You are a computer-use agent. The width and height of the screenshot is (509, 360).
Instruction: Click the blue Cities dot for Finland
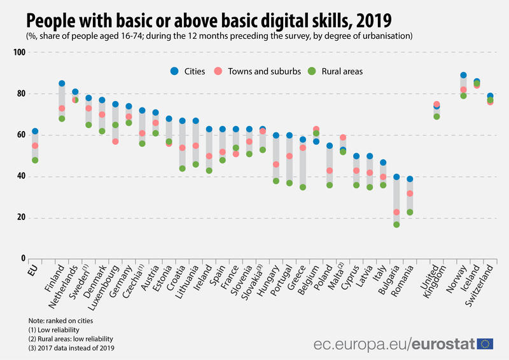coord(62,83)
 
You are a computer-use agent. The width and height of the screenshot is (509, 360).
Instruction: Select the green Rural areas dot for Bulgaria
coord(396,225)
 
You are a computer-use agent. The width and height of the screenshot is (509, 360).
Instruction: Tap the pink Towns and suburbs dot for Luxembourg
coord(115,141)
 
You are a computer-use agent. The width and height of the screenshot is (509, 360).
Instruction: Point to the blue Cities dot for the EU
coord(35,131)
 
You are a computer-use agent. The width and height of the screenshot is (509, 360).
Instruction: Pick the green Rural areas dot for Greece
coord(303,187)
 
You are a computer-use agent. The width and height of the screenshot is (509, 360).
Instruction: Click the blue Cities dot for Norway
coord(463,75)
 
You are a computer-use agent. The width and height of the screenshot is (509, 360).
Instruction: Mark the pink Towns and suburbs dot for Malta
coord(343,137)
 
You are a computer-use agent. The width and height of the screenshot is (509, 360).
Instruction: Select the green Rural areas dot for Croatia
coord(182,169)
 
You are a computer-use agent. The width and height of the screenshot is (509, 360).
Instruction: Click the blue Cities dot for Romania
coord(410,179)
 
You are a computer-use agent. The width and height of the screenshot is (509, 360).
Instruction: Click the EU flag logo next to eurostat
coord(486,343)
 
